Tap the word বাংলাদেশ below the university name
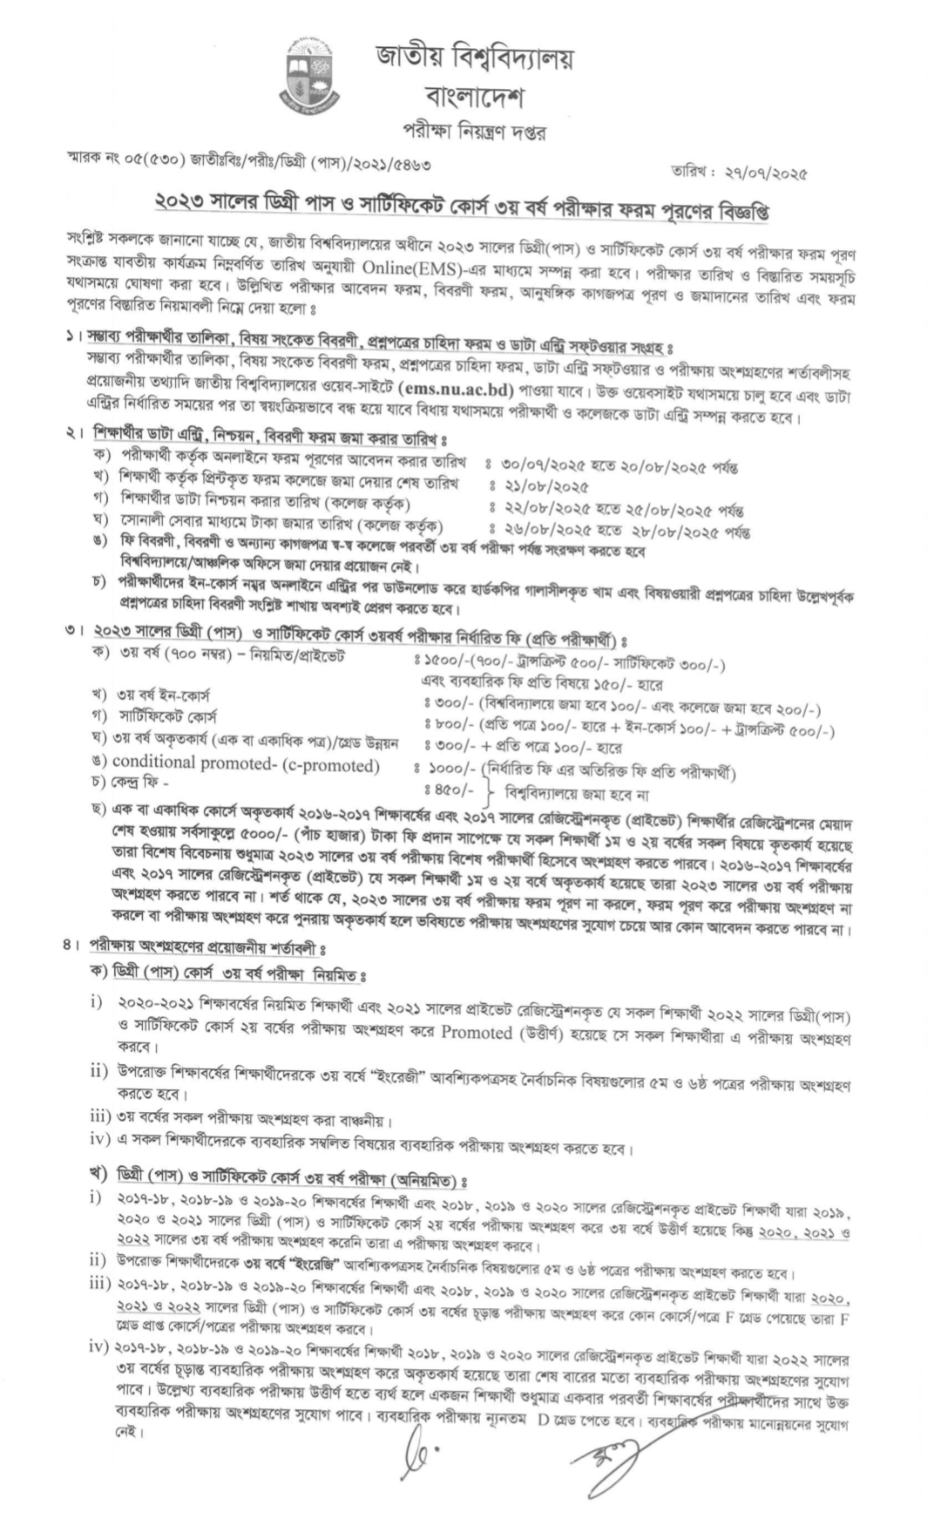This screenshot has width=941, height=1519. (476, 95)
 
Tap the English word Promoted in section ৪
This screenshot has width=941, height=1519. (477, 1033)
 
